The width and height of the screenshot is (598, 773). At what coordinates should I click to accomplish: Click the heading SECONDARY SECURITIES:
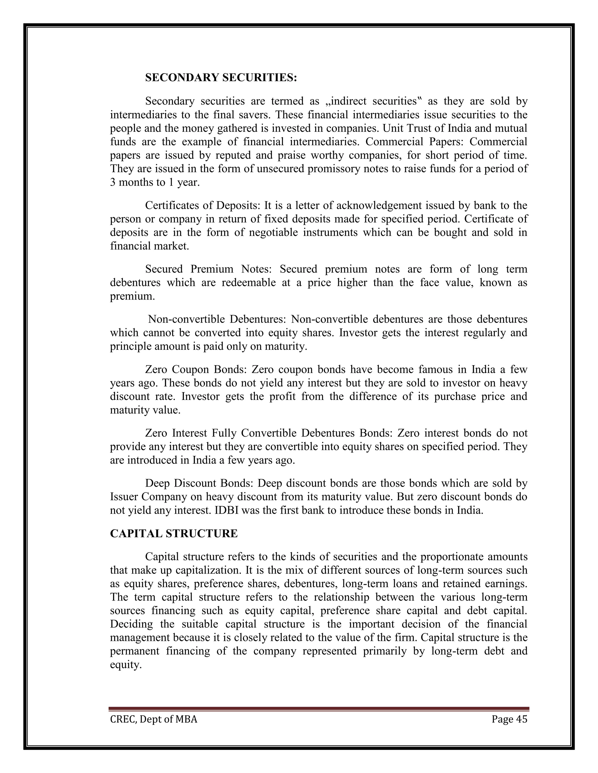221,78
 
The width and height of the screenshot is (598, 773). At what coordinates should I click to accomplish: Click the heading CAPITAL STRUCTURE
174,534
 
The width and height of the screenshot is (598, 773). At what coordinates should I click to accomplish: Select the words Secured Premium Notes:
208,269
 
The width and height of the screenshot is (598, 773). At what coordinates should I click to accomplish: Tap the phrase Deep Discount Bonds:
198,483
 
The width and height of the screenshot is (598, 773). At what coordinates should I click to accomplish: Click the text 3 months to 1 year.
154,182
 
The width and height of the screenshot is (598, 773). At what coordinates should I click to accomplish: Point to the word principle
130,346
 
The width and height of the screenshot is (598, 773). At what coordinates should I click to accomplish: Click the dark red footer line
319,709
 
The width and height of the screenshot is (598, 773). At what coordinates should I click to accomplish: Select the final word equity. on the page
126,665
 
